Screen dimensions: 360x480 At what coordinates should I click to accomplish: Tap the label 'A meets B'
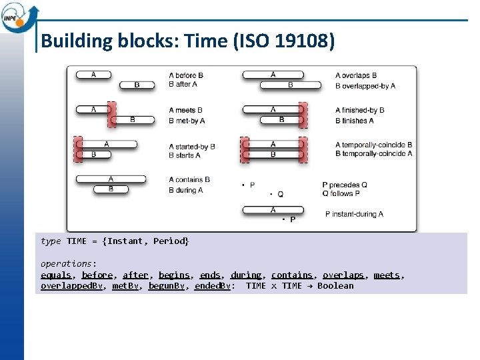tap(186, 110)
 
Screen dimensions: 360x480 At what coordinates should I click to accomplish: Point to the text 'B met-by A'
tap(187, 121)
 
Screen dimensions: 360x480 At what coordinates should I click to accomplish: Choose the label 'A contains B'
tap(189, 179)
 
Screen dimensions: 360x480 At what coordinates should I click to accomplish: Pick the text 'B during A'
tap(186, 190)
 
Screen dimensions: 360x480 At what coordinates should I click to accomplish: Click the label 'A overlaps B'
tap(356, 75)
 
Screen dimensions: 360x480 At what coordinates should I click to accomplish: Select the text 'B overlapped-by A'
tap(365, 86)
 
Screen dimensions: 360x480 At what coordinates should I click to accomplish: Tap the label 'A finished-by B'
tap(360, 110)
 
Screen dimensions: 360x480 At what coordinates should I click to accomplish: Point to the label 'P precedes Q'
tap(345, 185)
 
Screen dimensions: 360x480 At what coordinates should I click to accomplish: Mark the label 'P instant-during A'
tap(354, 214)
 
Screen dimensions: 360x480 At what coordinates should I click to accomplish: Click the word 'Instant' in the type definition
tap(125, 241)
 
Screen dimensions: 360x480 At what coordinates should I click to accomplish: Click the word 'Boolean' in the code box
tap(335, 286)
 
